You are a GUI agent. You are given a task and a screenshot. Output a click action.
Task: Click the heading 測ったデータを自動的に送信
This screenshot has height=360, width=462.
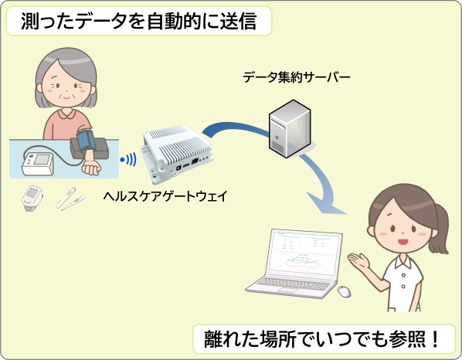tap(138, 21)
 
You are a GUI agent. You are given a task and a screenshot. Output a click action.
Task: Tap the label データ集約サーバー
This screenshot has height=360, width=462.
tap(297, 77)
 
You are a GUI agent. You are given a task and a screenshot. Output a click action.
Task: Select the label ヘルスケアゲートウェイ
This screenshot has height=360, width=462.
tap(165, 196)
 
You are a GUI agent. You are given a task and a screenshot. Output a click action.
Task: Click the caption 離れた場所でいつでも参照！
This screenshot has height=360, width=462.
tap(321, 339)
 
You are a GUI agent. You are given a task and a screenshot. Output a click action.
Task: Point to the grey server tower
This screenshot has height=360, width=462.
tap(290, 129)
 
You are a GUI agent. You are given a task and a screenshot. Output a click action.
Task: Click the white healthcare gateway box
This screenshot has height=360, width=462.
tap(178, 154)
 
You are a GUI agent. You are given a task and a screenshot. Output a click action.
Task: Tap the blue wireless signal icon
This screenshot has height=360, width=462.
tap(128, 160)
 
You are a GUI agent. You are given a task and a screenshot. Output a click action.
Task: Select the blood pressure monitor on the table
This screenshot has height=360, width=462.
tap(38, 164)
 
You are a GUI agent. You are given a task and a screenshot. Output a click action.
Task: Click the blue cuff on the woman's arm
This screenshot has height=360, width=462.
tap(86, 141)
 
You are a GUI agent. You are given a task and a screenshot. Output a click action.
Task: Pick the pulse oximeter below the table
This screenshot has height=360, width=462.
tap(32, 199)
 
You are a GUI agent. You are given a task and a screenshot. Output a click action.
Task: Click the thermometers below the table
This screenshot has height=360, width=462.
tap(70, 199)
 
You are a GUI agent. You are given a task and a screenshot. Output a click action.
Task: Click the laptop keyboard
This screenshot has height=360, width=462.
tap(292, 284)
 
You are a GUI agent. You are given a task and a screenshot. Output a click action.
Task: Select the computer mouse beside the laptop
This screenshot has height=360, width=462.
tap(344, 292)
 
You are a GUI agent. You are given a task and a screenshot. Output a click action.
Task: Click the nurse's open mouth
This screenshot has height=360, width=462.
tap(403, 242)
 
